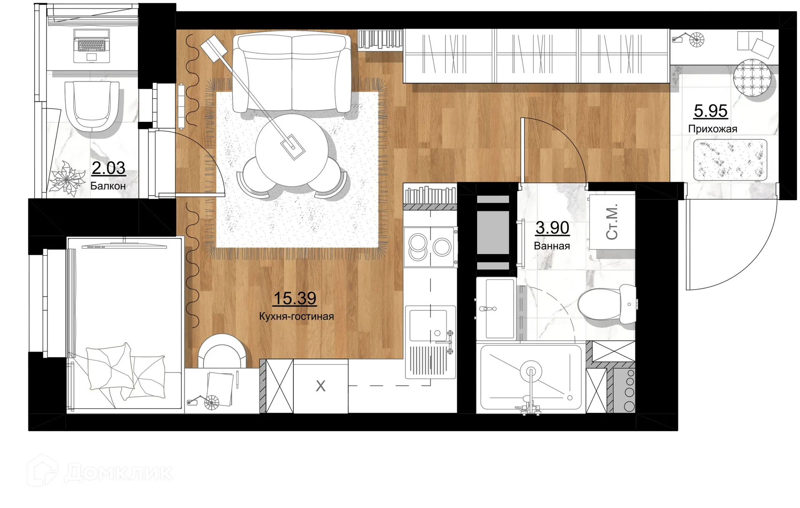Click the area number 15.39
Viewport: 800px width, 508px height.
(x=295, y=298)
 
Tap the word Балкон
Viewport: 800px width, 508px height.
(x=108, y=186)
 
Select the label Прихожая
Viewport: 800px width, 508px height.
(x=712, y=129)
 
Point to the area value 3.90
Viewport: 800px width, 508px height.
(x=552, y=228)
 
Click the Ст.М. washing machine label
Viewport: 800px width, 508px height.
(x=612, y=222)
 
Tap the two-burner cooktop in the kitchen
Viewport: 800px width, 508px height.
(x=430, y=247)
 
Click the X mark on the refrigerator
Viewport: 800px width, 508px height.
(x=320, y=386)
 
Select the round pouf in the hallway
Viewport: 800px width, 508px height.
(x=752, y=78)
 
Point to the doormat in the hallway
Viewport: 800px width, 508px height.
(x=730, y=160)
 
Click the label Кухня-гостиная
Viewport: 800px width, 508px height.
(x=296, y=317)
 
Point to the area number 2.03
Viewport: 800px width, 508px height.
(x=108, y=168)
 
